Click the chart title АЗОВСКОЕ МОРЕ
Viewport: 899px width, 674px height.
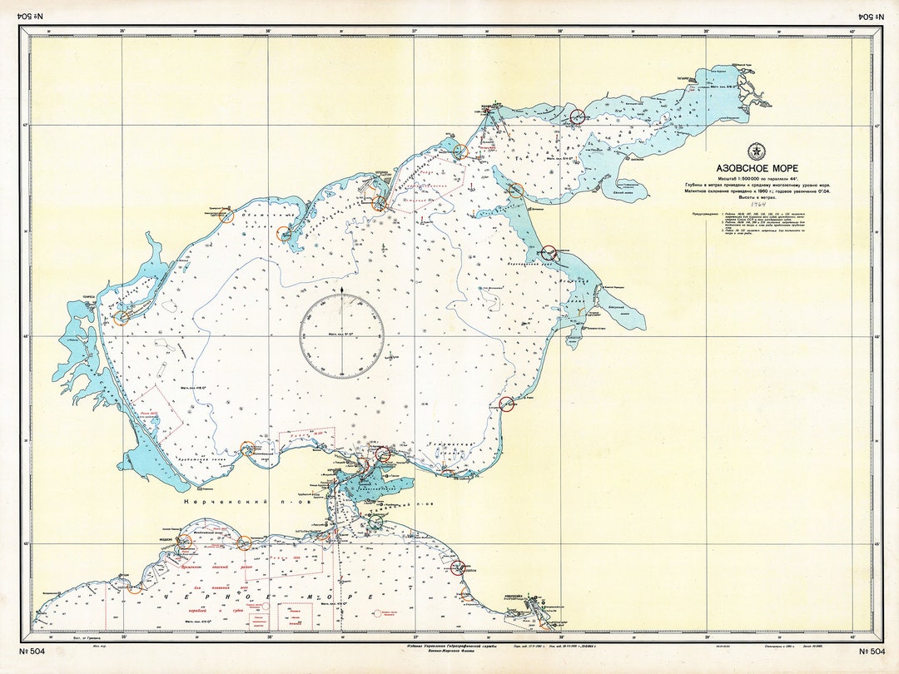coord(756,168)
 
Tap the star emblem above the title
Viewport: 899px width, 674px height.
coord(756,151)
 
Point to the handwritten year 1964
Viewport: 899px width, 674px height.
coord(757,203)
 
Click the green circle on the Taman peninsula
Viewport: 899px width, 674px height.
coord(376,522)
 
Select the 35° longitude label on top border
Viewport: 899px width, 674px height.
coord(122,32)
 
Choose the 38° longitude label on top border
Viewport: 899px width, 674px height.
coord(560,32)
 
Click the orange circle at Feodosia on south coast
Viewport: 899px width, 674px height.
coord(184,541)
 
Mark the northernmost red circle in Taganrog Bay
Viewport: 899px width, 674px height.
coord(577,116)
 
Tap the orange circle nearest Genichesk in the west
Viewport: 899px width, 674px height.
coord(122,317)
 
